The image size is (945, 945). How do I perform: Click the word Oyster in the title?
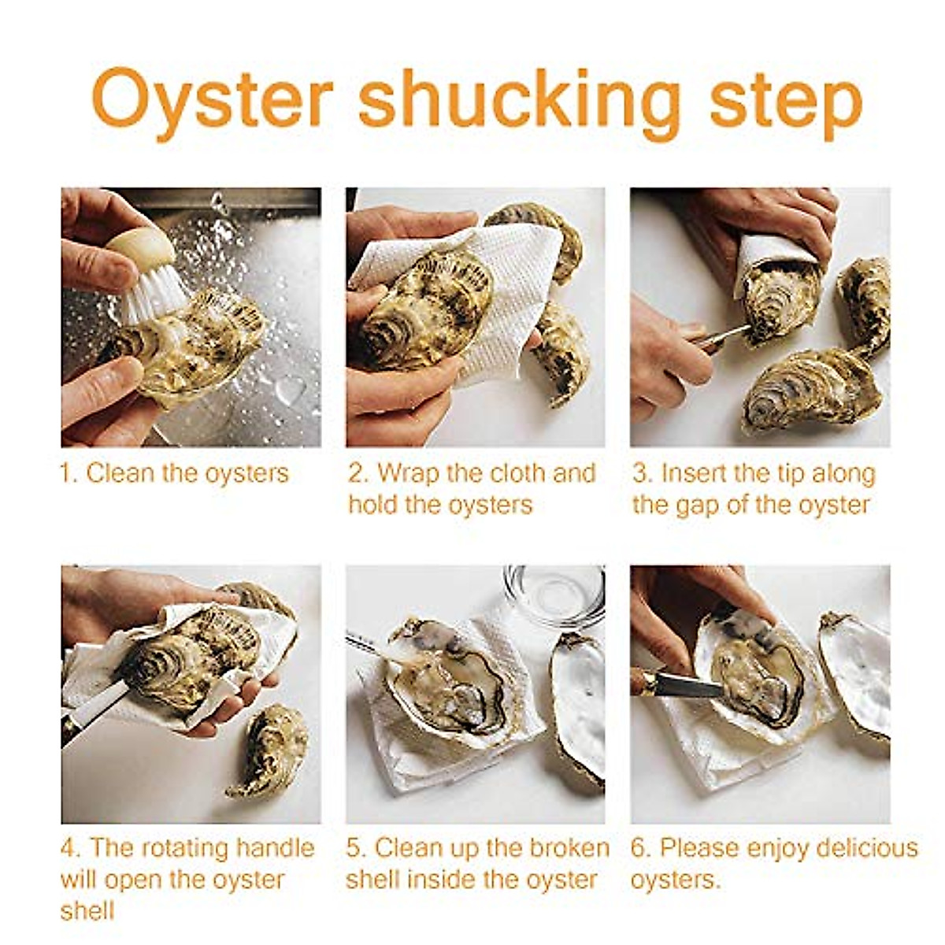click(x=213, y=100)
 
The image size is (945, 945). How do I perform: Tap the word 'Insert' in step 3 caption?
click(x=694, y=473)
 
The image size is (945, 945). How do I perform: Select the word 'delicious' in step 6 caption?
click(x=866, y=848)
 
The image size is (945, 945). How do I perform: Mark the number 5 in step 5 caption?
click(x=354, y=848)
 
